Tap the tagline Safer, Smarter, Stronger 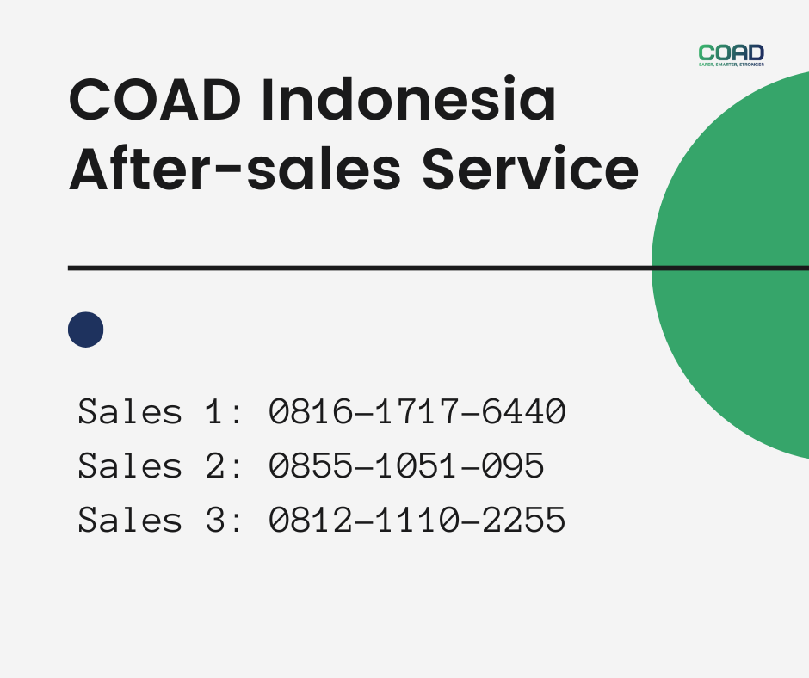click(x=731, y=65)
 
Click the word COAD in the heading click(x=151, y=101)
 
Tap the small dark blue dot click(x=85, y=330)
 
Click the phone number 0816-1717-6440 click(x=417, y=412)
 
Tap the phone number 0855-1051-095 click(x=406, y=466)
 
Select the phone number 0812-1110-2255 click(x=417, y=521)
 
